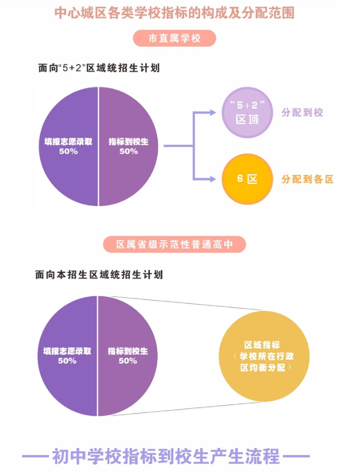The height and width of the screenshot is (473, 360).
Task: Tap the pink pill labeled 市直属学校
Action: click(174, 38)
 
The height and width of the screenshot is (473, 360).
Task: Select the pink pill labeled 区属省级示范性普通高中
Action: click(174, 245)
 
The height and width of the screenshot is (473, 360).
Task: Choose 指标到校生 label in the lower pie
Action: click(128, 352)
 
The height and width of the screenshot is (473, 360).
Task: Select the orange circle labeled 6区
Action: click(247, 179)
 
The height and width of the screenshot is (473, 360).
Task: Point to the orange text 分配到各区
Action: click(307, 179)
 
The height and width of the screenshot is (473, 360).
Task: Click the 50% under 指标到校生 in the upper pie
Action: click(129, 152)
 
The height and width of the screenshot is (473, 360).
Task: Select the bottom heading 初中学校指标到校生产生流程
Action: click(166, 457)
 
